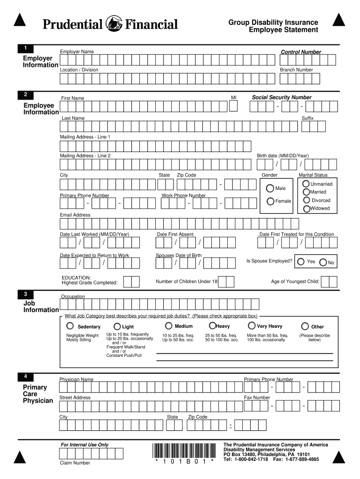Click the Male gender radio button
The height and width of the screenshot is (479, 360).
[x=270, y=188]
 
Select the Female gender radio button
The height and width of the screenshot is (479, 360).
[x=270, y=201]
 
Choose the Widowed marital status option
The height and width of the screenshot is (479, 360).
[x=306, y=209]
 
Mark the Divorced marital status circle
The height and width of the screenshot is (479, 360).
[x=306, y=200]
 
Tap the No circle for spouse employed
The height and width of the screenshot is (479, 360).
[x=323, y=262]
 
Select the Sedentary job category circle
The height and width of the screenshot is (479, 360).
[x=70, y=326]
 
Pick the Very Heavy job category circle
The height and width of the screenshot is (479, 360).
[x=252, y=326]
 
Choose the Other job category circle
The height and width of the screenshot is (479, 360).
[x=305, y=326]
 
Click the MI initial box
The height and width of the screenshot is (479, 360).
[x=234, y=106]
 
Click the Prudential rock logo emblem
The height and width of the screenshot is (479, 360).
[x=115, y=23]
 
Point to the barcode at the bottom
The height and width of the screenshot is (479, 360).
[x=185, y=450]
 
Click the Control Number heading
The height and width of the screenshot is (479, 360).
[x=301, y=52]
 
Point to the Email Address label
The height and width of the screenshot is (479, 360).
[x=75, y=215]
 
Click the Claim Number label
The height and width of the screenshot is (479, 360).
[x=75, y=463]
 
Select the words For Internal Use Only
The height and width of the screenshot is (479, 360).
[x=85, y=444]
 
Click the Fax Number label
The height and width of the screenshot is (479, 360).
[x=257, y=398]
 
